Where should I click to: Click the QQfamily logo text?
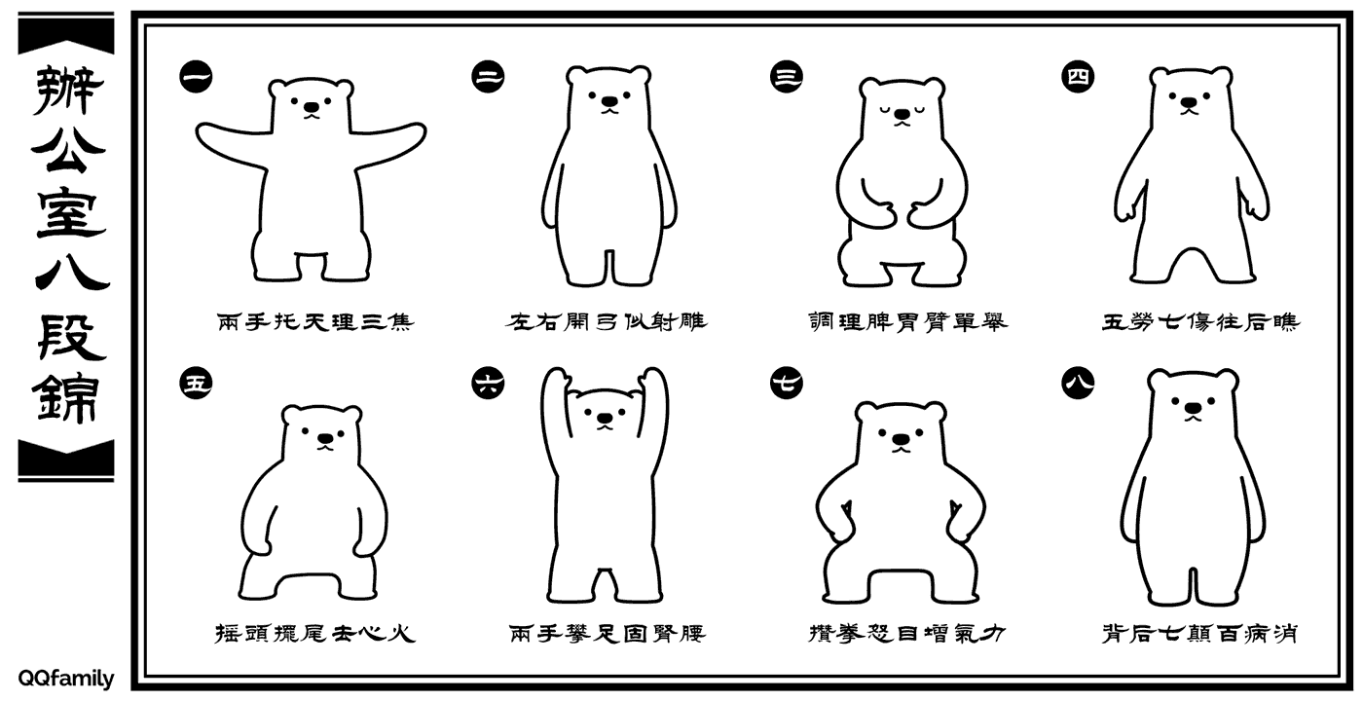coord(66,679)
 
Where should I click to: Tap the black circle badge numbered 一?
coord(196,77)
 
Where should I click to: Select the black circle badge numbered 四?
coord(1079,77)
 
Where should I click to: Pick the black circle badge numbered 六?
coord(488,384)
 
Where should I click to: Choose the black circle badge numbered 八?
coord(1079,384)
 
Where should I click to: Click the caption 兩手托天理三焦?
coord(315,322)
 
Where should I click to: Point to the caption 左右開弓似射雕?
coord(606,322)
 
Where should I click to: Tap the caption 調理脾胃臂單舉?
coord(907,322)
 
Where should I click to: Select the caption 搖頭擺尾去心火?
coord(315,634)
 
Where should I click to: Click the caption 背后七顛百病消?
coord(1199,634)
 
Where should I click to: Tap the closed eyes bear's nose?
coord(903,114)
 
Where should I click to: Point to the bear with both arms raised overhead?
coord(605,487)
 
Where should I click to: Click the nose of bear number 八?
coord(1194,408)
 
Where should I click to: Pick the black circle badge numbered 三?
coord(787,77)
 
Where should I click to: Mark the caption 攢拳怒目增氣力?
coord(906,634)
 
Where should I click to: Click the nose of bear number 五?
coord(325,438)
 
